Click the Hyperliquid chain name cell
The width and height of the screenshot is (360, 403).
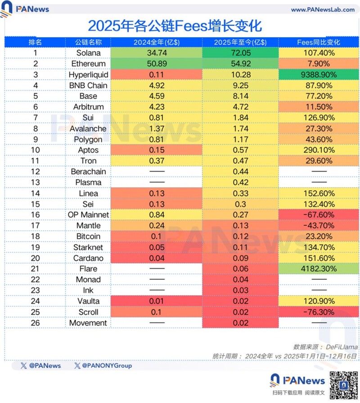[88, 74]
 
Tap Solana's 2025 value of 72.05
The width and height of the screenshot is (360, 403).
[240, 53]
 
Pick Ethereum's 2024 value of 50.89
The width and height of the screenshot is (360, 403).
[157, 63]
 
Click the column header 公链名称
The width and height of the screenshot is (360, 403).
[88, 42]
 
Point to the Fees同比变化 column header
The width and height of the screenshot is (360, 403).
[318, 42]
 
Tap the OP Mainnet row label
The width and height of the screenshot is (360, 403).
[88, 215]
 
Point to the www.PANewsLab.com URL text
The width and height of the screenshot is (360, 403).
[321, 9]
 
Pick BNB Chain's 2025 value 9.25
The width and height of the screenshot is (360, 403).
[240, 85]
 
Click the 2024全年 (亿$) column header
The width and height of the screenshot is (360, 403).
[157, 42]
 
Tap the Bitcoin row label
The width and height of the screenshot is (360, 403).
[88, 236]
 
